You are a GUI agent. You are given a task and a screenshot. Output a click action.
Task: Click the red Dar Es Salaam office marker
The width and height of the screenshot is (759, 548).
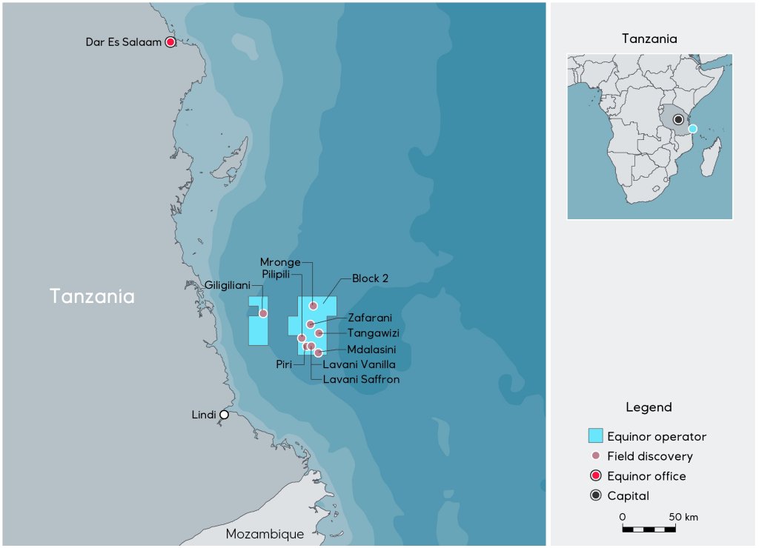170,42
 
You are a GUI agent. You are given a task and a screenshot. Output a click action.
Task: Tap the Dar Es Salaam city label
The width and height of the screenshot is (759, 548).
123,42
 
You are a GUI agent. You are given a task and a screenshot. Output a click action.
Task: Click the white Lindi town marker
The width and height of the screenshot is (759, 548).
224,415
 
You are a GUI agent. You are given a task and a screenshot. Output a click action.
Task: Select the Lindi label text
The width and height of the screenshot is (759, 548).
204,415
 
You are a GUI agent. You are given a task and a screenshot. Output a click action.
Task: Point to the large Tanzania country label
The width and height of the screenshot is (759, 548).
92,296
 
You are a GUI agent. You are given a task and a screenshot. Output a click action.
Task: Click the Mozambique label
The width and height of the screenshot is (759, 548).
265,534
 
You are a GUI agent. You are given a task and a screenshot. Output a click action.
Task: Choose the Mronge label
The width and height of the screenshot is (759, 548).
280,262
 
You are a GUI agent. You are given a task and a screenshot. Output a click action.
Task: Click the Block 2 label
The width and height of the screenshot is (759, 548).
371,278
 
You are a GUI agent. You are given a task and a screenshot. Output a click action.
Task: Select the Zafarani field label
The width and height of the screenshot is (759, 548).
370,318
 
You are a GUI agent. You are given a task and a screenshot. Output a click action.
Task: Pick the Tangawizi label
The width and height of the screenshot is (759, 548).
374,333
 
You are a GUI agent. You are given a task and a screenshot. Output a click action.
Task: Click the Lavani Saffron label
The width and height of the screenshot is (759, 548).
361,379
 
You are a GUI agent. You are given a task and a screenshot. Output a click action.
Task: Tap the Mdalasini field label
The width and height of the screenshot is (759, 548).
371,350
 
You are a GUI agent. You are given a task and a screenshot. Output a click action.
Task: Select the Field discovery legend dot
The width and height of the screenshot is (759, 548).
595,456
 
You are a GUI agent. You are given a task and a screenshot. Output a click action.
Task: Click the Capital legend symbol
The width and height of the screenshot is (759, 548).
595,496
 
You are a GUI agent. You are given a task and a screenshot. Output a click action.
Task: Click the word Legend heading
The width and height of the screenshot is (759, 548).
649,407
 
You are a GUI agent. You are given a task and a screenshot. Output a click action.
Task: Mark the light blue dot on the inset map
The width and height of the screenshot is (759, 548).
692,129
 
